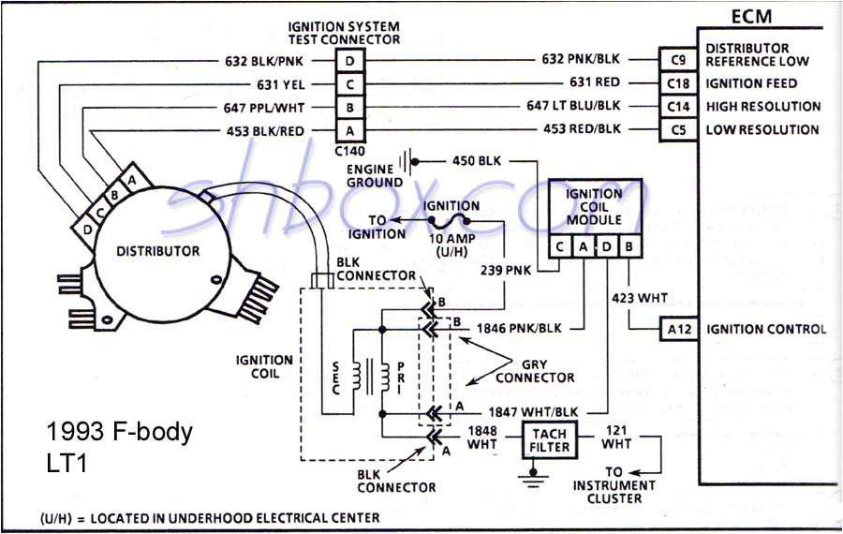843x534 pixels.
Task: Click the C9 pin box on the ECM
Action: coord(678,59)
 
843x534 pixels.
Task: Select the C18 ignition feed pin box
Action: coord(678,82)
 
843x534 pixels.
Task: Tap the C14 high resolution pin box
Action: coord(678,107)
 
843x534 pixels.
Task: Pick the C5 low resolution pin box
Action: coord(678,130)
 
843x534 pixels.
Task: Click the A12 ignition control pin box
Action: coord(678,329)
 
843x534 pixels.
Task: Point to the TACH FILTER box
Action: coord(551,439)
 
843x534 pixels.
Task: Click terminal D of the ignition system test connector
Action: coord(350,60)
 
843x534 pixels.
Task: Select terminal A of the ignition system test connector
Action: coord(350,131)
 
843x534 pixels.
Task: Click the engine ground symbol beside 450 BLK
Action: coord(407,161)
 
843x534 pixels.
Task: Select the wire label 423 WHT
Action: coord(641,298)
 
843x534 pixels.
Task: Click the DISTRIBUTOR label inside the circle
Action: coord(157,251)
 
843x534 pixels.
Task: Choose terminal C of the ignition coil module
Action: coord(559,246)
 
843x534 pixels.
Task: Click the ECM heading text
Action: coord(759,16)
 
